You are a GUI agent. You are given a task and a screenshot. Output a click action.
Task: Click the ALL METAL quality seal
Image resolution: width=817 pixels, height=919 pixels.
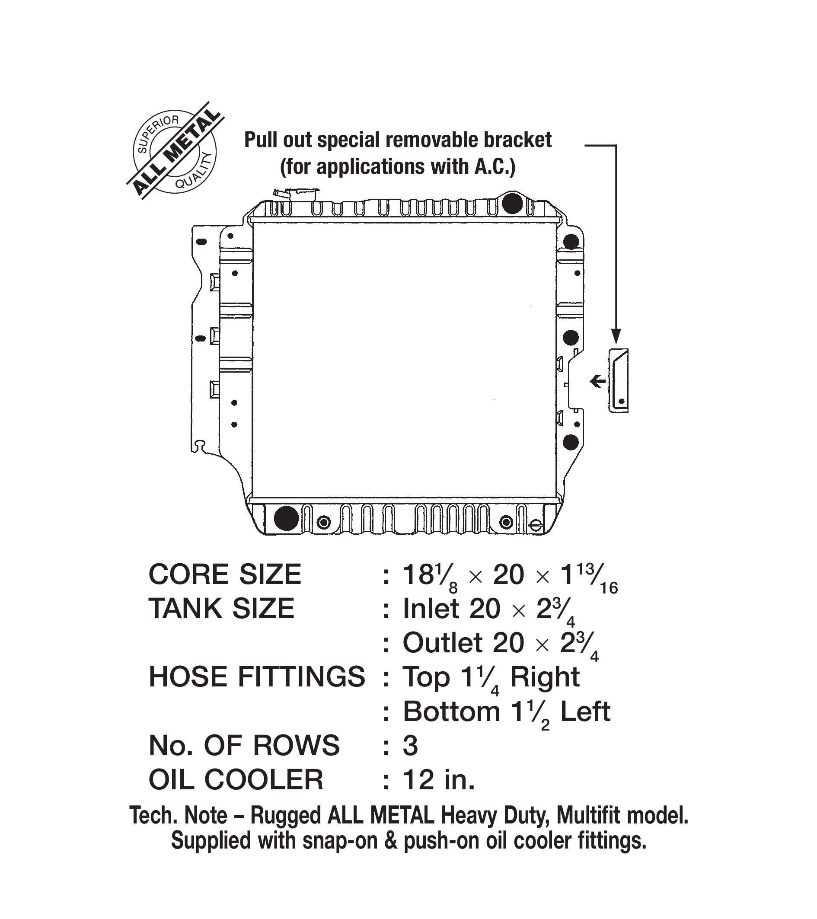coord(175,151)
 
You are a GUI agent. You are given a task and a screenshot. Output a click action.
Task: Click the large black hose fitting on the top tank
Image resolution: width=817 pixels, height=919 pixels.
coord(512,203)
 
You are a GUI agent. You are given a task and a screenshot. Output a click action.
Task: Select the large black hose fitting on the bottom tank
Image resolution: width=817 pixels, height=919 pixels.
coord(286,518)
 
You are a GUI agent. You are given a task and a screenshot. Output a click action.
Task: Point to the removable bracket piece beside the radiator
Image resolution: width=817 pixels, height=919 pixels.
coord(618,381)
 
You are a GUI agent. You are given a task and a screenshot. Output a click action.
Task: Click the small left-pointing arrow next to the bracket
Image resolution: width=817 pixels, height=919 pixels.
coord(597,382)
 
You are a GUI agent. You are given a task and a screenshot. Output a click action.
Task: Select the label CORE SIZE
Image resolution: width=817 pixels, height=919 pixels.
coord(224,574)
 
